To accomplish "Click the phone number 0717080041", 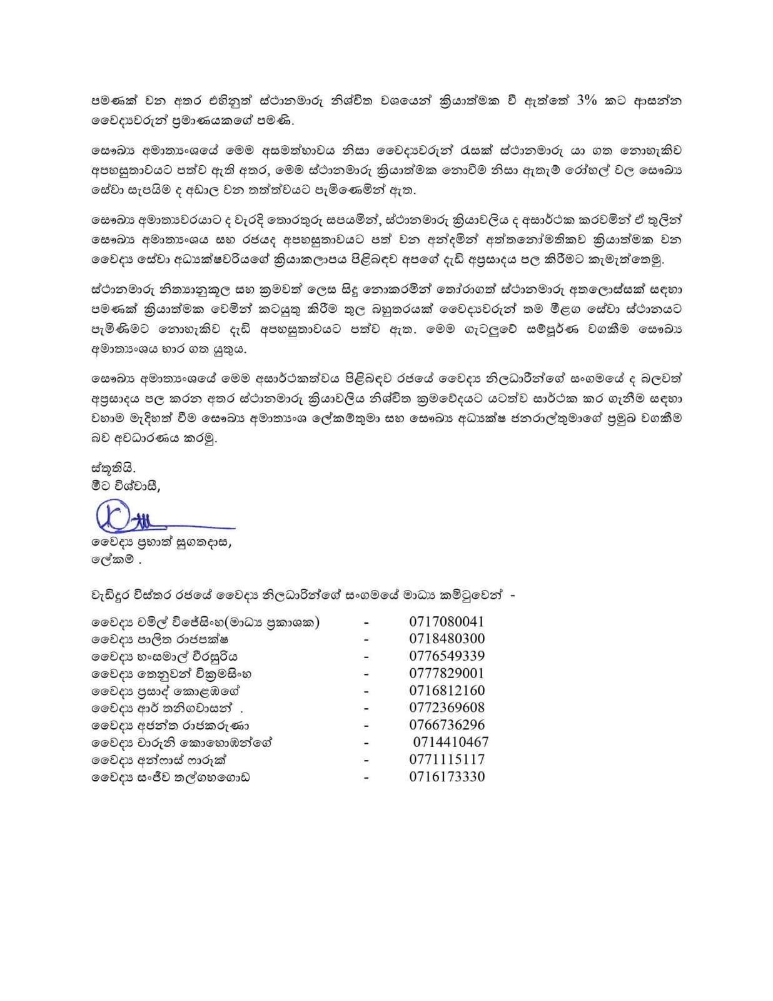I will point(447,622).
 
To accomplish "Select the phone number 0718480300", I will point(447,639).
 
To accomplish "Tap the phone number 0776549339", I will point(447,656).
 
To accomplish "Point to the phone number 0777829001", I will point(447,674).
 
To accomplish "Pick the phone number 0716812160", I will point(447,691).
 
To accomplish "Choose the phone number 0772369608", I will point(447,708).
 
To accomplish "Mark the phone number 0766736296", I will point(447,725).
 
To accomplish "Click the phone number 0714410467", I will point(450,743).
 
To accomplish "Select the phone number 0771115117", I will point(447,760).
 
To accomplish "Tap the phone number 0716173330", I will point(447,777).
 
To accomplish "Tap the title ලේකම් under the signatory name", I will point(113,560).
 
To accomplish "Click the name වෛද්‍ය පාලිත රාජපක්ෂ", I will point(159,639).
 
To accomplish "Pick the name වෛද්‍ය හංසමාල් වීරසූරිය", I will point(164,657).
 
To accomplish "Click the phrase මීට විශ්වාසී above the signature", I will point(125,485).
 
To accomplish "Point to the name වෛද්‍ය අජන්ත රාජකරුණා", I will point(170,726).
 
